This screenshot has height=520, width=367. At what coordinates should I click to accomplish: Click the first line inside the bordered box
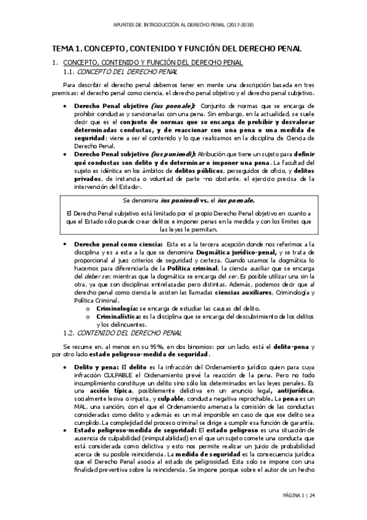click(x=184, y=200)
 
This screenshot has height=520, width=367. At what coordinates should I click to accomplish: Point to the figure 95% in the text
click(x=135, y=346)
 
